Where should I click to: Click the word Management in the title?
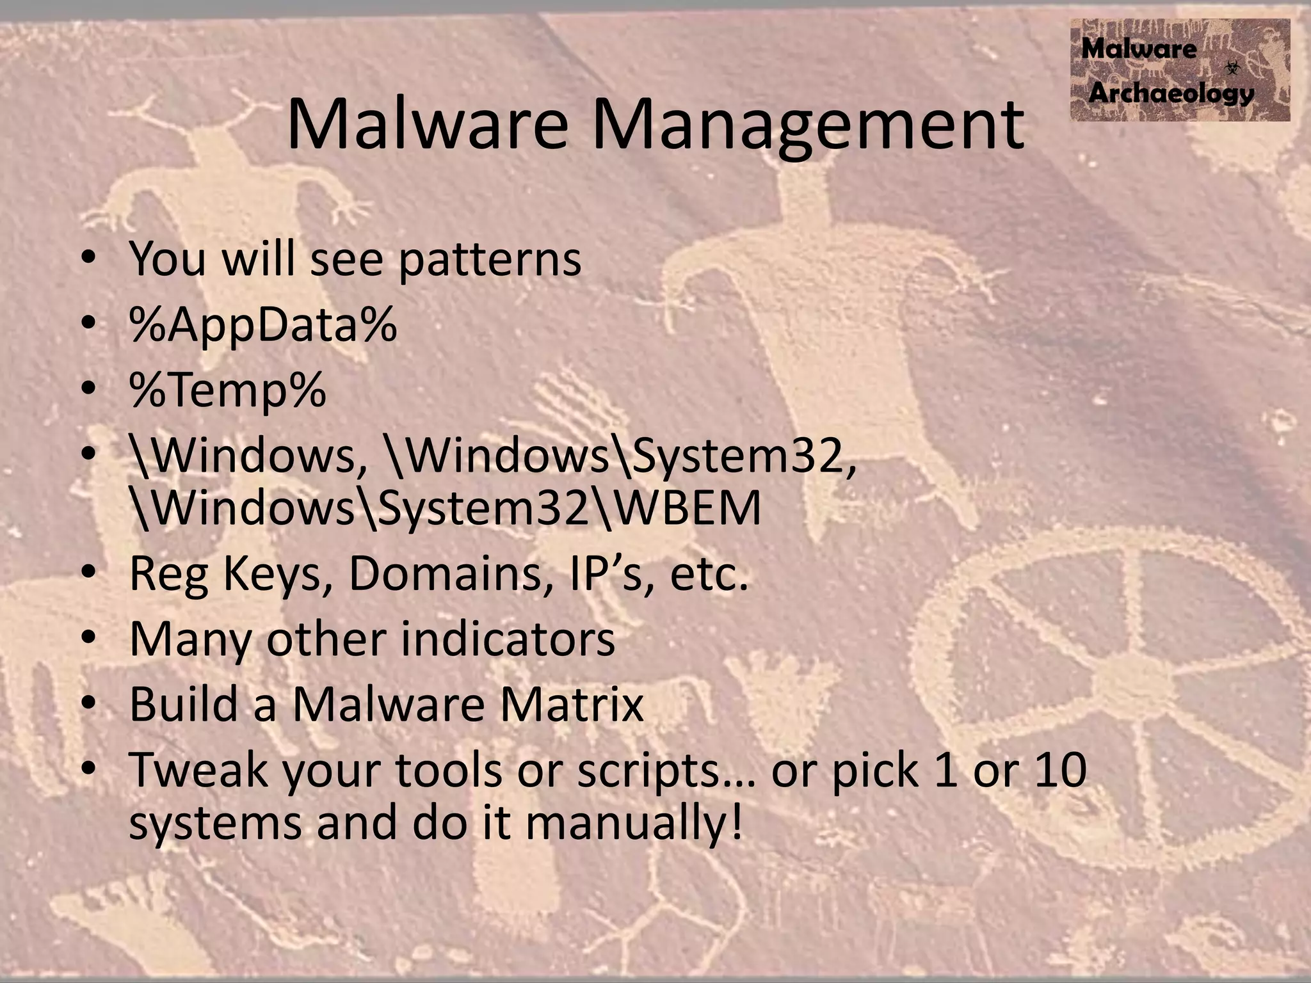(x=808, y=127)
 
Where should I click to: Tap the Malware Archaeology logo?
(x=1179, y=70)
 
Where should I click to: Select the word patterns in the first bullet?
(x=490, y=260)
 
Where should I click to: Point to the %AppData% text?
(x=263, y=325)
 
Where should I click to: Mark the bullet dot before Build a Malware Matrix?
(x=89, y=704)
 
